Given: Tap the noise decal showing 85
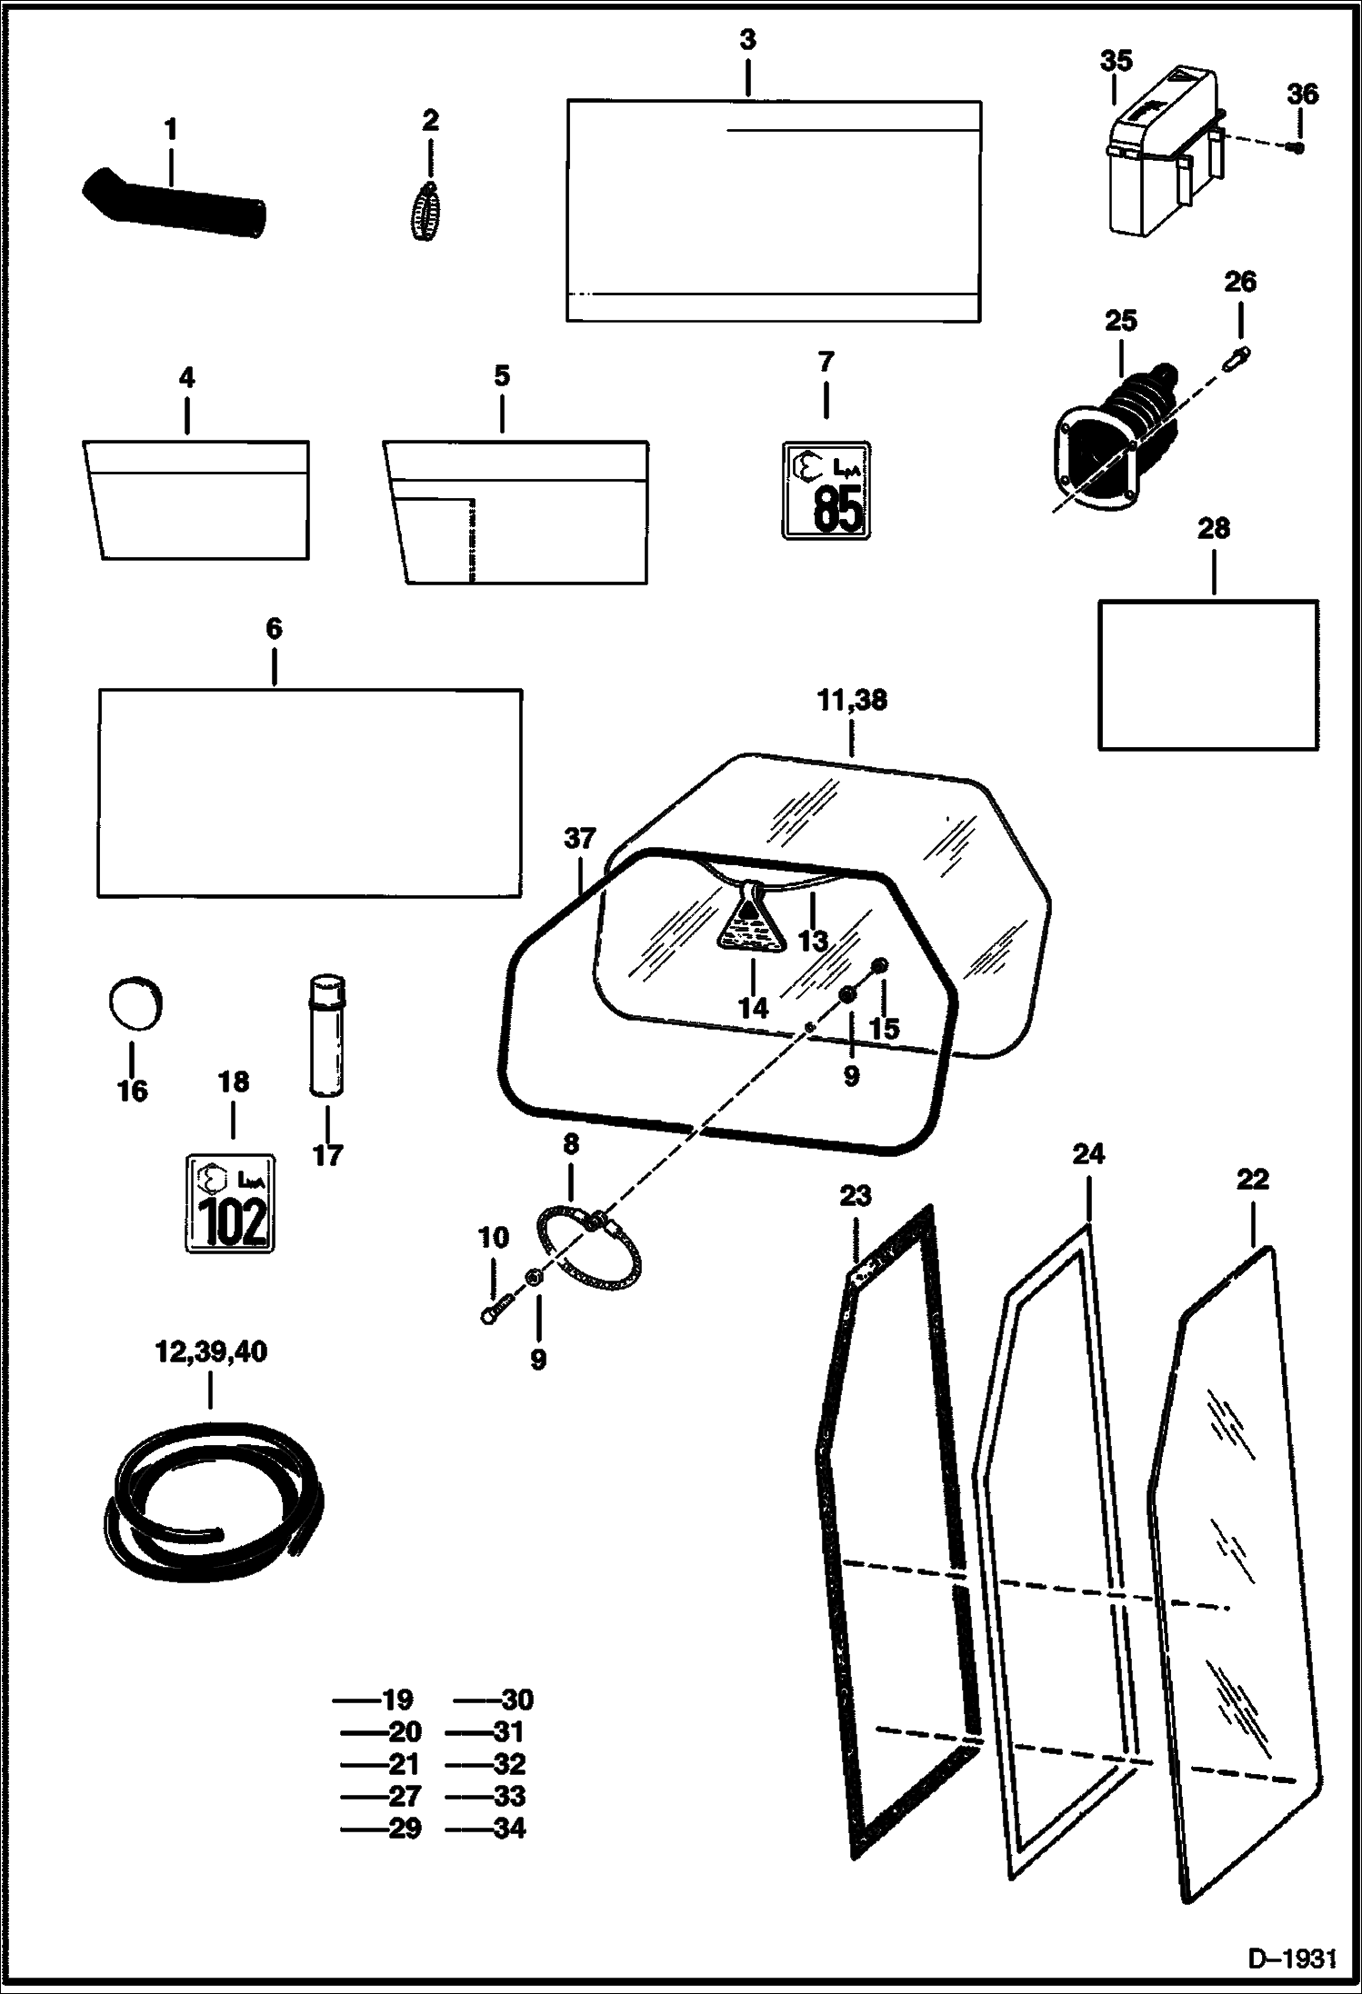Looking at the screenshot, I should [x=826, y=490].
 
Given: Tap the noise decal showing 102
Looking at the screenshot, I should [x=230, y=1203].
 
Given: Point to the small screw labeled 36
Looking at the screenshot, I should [x=1298, y=147].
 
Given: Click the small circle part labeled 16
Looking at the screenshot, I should [x=133, y=1003].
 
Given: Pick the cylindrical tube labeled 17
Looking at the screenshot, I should [x=327, y=1035].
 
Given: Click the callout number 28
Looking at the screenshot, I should [x=1214, y=528].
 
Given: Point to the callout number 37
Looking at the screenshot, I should [x=579, y=838].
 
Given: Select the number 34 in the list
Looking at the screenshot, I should [x=508, y=1828].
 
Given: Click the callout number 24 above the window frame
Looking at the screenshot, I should [x=1087, y=1153].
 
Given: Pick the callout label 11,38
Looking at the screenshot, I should [x=852, y=700].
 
